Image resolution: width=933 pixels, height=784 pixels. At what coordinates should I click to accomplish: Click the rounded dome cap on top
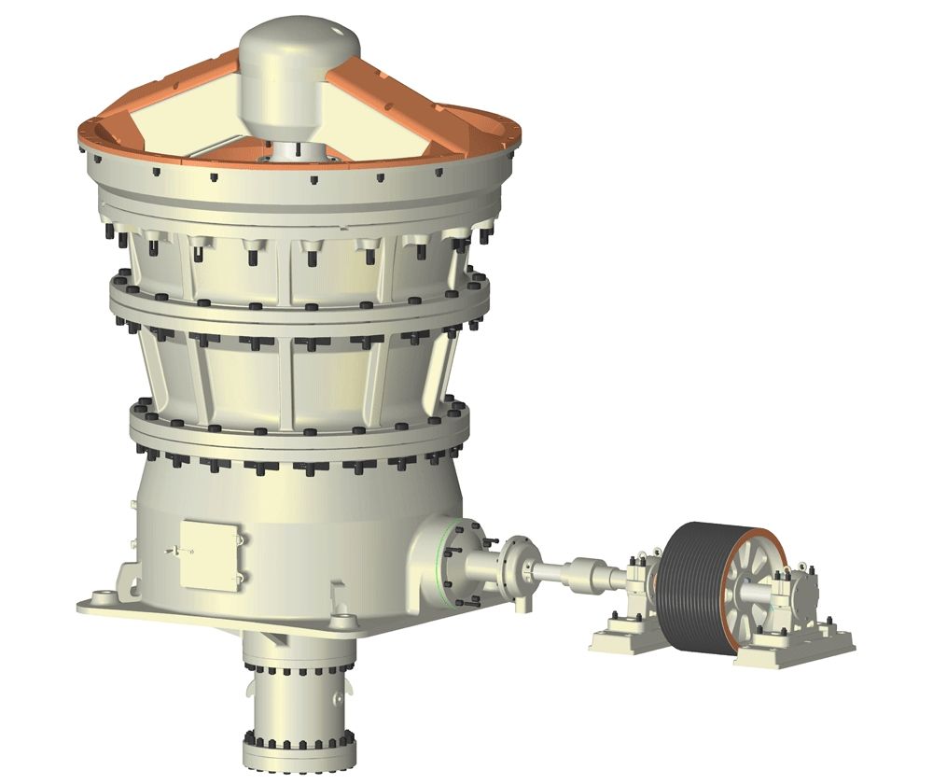point(299,42)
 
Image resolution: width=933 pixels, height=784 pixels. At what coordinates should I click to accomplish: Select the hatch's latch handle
point(175,551)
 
